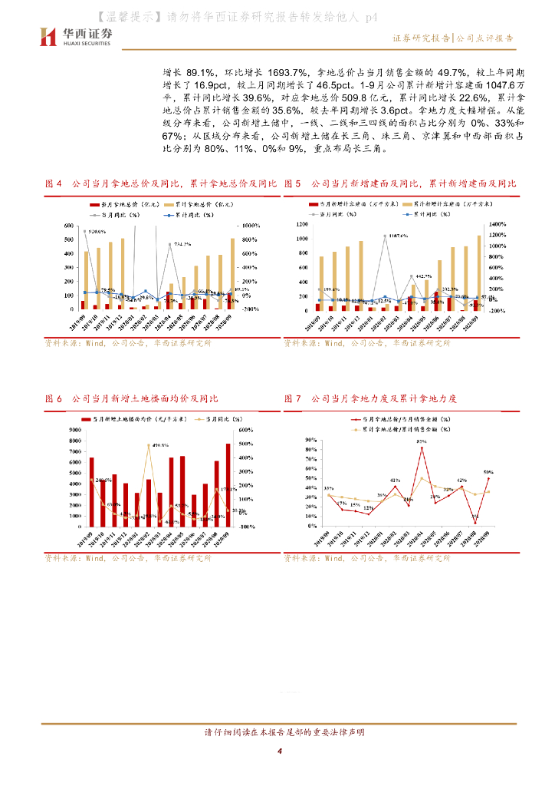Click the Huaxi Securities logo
75,37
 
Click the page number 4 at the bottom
280,751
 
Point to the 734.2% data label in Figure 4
182,244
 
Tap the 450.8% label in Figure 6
160,445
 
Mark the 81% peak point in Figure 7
422,447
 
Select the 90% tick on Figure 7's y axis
312,440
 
